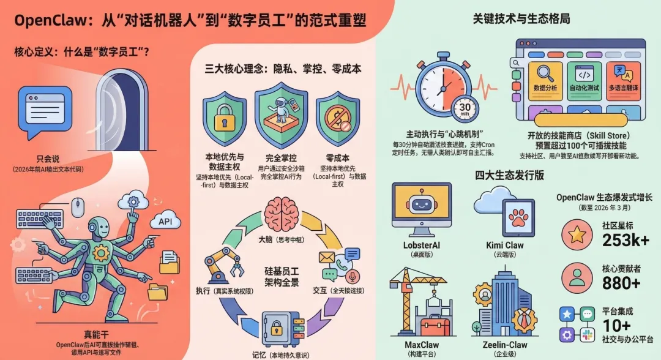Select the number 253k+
(x=626, y=240)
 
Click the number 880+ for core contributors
(x=621, y=282)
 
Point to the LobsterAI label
(x=421, y=246)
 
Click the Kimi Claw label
(x=505, y=246)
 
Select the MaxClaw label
(x=421, y=345)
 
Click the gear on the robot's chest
(x=100, y=251)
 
